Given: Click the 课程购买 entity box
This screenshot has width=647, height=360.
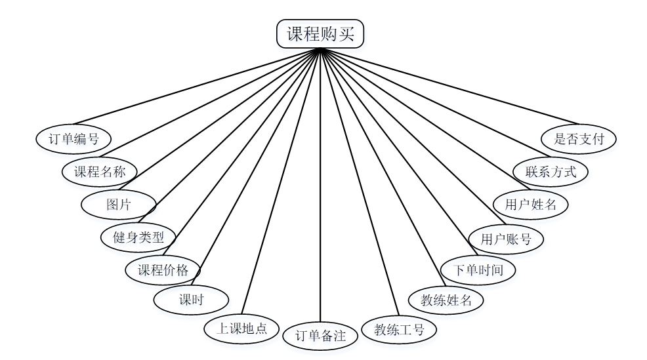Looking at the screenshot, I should click(x=320, y=34).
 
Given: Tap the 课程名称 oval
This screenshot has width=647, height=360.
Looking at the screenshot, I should click(x=99, y=172).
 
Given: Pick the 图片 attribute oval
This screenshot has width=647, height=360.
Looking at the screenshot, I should click(x=119, y=205).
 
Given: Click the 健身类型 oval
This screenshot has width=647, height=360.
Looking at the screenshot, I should click(x=138, y=237).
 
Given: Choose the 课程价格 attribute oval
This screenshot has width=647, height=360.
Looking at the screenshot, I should click(x=163, y=270).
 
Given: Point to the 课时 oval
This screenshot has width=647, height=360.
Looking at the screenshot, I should click(x=191, y=300).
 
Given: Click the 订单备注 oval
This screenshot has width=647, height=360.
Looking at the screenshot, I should click(x=320, y=336).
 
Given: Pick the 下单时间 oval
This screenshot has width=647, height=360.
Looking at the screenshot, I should click(x=477, y=270).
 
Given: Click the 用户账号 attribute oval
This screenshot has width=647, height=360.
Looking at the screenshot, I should click(x=506, y=239).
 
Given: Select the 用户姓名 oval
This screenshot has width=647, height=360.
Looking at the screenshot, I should click(x=531, y=204).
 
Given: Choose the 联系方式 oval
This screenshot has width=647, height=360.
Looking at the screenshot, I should click(x=551, y=172).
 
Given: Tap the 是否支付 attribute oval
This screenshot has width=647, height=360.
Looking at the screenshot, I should click(x=579, y=139).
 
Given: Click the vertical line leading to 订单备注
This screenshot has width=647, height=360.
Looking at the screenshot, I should click(x=320, y=197).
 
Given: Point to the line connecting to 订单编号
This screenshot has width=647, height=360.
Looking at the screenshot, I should click(x=197, y=86).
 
